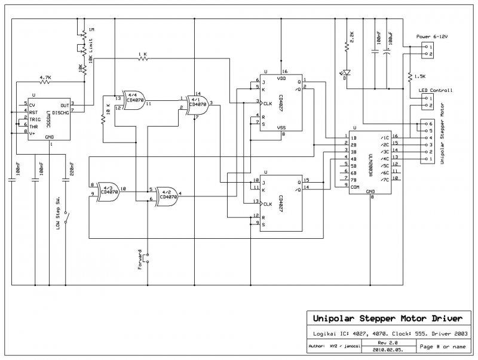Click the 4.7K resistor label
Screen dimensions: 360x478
45,78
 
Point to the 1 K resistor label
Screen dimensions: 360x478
142,54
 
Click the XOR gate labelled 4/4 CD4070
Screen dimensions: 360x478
136,99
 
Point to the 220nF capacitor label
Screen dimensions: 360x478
71,171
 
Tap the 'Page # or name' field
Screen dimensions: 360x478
443,346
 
